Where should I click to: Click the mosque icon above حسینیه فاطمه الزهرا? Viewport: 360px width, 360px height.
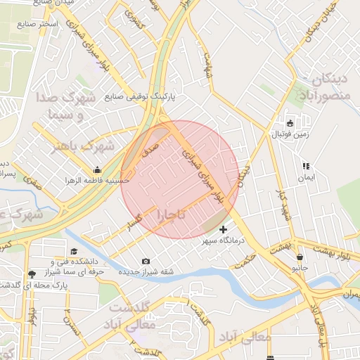(97, 169)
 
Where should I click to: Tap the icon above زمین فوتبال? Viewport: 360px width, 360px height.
(289, 124)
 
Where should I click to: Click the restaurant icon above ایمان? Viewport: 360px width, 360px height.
(306, 167)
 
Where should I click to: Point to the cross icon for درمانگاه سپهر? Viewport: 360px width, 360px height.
(224, 229)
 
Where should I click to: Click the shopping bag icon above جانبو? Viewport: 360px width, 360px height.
(300, 257)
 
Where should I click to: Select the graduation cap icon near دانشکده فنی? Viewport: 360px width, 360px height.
(74, 251)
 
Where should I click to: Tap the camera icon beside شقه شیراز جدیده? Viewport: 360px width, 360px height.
(146, 262)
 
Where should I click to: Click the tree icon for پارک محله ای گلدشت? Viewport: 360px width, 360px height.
(31, 274)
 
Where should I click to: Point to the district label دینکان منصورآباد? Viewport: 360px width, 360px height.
(323, 87)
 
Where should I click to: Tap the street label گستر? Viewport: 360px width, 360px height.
(131, 223)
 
